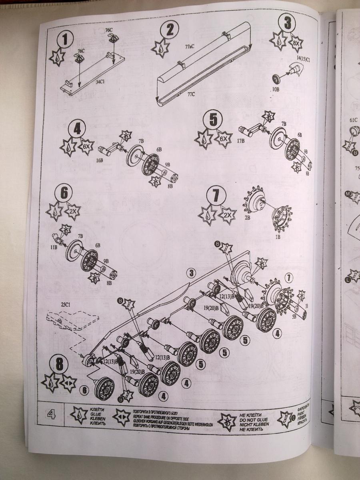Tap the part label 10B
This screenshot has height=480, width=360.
point(276,89)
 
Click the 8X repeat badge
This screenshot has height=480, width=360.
point(296,42)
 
